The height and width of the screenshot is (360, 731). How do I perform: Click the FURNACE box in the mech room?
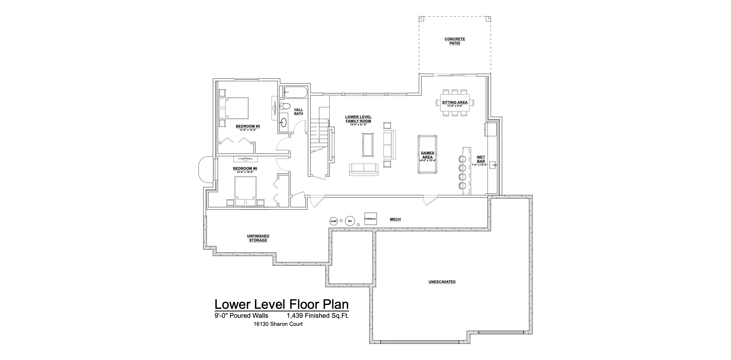pos(370,219)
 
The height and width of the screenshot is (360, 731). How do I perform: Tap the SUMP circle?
pos(334,221)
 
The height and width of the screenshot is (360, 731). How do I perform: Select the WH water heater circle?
pos(350,221)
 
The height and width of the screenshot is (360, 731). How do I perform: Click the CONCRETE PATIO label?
pos(455,41)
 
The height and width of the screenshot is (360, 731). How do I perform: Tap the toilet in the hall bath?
pos(285,106)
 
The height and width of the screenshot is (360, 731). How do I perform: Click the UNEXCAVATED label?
pos(442,282)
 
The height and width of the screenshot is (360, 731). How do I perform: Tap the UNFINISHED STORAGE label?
pos(258,238)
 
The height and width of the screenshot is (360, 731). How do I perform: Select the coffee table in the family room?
pos(368,145)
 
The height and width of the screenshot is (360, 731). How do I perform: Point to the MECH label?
pos(395,219)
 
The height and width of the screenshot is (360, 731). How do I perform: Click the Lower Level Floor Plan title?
pos(281,304)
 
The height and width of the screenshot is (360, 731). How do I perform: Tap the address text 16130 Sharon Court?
pos(278,324)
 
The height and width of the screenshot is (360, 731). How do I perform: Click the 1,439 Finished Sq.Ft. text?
pos(318,316)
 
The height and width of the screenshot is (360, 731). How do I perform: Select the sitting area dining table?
pos(455,102)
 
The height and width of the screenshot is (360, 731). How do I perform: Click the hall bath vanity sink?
pos(284,122)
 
